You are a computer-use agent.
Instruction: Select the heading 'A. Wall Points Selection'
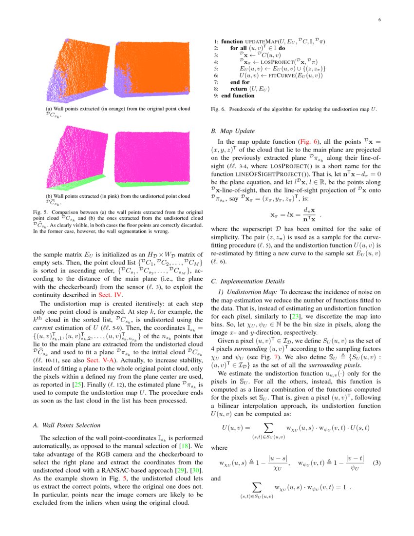(66, 425)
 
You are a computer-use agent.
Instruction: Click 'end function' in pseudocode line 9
(238, 96)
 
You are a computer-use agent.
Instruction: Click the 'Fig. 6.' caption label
(218, 110)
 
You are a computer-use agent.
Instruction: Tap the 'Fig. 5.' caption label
(40, 213)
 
